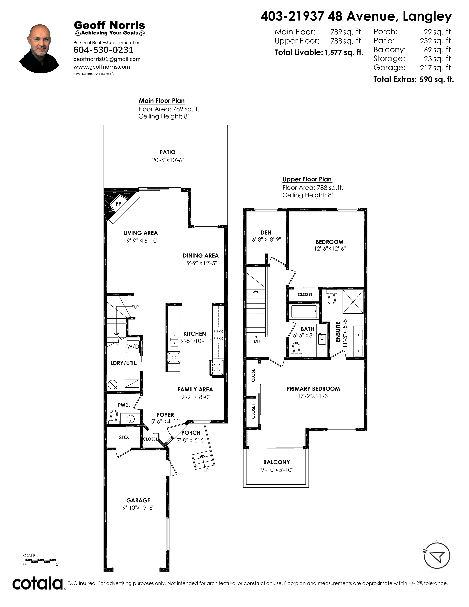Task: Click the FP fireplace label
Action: (118, 204)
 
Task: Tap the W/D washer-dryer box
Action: (133, 347)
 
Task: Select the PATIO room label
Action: (168, 152)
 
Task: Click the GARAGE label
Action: (138, 500)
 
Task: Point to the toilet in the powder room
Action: (114, 418)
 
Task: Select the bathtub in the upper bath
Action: (304, 312)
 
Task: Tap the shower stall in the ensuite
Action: (353, 302)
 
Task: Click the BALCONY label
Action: (277, 462)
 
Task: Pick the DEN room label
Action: (266, 233)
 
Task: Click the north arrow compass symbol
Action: (437, 555)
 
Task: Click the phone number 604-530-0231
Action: (103, 50)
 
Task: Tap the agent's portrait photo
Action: (39, 49)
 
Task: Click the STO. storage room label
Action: (124, 437)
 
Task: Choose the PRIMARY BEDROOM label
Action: (313, 389)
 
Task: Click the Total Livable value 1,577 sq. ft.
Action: (344, 53)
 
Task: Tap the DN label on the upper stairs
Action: (257, 341)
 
